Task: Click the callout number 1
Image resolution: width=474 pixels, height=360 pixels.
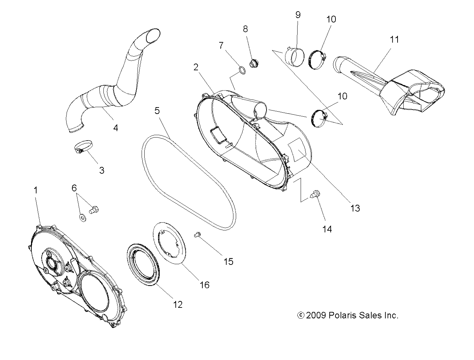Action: [x=35, y=190]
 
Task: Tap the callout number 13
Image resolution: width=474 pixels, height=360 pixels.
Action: [x=355, y=208]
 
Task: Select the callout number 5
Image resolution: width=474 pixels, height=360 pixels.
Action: [x=157, y=110]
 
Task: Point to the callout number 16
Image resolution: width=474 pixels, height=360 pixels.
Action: [x=204, y=285]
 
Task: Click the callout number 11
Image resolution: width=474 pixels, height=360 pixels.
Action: [x=394, y=39]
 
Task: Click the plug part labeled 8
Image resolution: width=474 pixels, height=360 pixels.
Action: [x=253, y=63]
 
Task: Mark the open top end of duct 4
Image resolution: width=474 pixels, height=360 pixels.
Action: [x=153, y=34]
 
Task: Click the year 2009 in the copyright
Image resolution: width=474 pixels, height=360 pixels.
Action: [x=317, y=316]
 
